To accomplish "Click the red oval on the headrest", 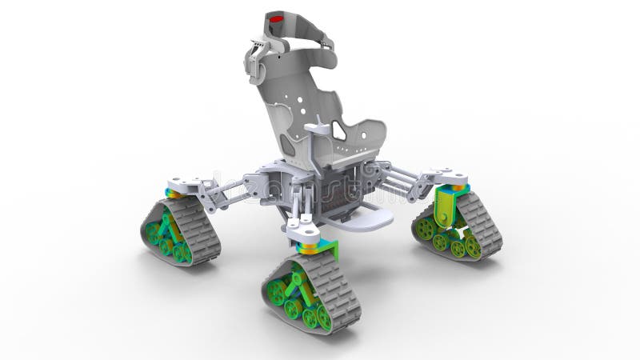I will (x=276, y=18).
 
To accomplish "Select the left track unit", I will (x=181, y=230).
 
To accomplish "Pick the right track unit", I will (x=458, y=226).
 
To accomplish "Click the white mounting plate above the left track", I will (x=186, y=186).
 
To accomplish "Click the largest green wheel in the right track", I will (x=426, y=228).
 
